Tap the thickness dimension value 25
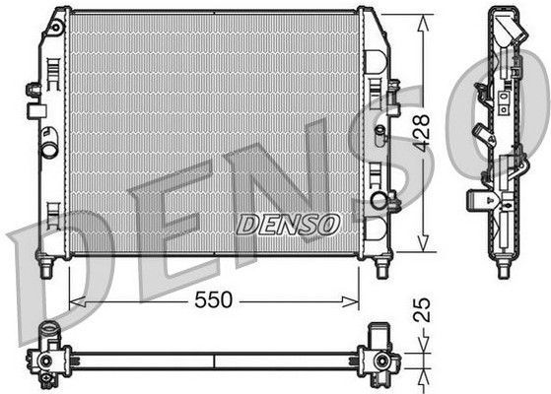tap(423, 310)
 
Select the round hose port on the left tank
tap(46, 151)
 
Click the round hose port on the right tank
tap(379, 201)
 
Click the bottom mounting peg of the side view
tap(504, 269)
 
